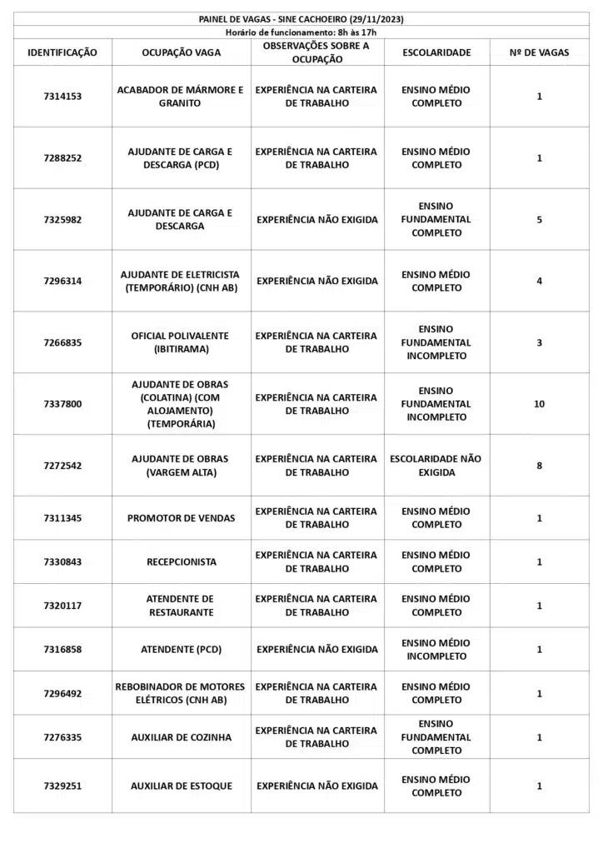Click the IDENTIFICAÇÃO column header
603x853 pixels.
62,52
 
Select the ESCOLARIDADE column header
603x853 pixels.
436,52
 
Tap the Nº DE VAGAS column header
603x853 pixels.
539,52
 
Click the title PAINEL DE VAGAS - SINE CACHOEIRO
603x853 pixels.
301,19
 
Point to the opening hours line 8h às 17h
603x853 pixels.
301,32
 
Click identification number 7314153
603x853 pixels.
62,97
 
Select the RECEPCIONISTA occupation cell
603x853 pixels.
181,562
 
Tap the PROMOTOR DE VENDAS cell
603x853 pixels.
181,518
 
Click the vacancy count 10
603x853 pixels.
539,404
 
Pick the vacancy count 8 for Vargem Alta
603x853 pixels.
539,466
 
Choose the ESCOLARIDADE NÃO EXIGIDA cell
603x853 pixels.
436,466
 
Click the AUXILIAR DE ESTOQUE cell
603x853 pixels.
181,786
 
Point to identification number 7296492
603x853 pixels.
62,694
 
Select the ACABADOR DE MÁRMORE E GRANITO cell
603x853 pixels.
181,97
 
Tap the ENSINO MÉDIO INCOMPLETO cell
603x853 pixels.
436,650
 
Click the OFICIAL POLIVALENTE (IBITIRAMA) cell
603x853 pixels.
181,342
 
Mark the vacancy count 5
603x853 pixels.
539,220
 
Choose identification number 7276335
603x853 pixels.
62,737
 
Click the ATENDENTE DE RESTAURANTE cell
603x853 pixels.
181,606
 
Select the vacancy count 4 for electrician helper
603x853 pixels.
539,282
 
